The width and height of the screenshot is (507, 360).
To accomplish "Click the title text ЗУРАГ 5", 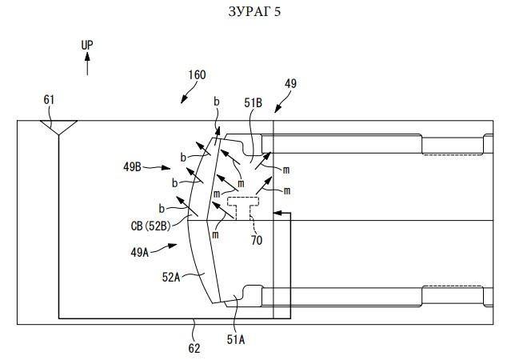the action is pos(254,12).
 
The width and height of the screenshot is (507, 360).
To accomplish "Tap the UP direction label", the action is pos(87,45).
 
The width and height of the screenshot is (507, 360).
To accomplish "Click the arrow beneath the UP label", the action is pos(87,64).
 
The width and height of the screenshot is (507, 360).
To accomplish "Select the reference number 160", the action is pos(198,74).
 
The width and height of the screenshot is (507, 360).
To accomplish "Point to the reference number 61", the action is pos(49,100).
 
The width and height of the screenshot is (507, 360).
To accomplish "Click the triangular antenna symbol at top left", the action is pos(58,127).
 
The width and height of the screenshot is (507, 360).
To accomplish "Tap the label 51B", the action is pos(253,103).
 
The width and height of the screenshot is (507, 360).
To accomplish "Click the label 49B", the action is pos(132,167).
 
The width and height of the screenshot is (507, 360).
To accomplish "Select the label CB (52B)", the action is pos(150,226).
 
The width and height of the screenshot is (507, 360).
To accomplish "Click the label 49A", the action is pos(140,252).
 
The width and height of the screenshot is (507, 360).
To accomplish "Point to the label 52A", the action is pos(170,277).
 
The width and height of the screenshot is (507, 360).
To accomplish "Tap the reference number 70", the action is pos(257,240).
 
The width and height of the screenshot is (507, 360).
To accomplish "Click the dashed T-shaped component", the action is pos(243,207).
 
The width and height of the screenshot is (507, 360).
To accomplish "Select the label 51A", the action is pos(236,339).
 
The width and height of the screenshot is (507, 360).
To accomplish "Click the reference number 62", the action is pos(194,348).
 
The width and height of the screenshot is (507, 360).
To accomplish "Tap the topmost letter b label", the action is pos(217,102).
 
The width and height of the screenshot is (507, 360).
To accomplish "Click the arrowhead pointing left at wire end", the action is pos(277,213).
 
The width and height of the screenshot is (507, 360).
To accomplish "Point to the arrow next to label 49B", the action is pos(157,167).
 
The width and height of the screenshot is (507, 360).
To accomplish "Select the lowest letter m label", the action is pos(215,235).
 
